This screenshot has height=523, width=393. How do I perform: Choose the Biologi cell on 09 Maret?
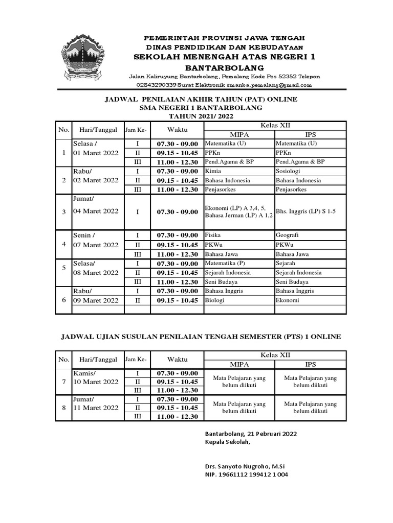pos(215,300)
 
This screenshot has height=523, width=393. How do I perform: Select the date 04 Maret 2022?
pos(96,211)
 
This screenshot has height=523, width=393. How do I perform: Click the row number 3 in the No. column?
pos(63,211)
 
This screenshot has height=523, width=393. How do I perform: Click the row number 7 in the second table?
pos(63,382)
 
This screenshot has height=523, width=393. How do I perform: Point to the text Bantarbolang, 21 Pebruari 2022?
pos(251,433)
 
